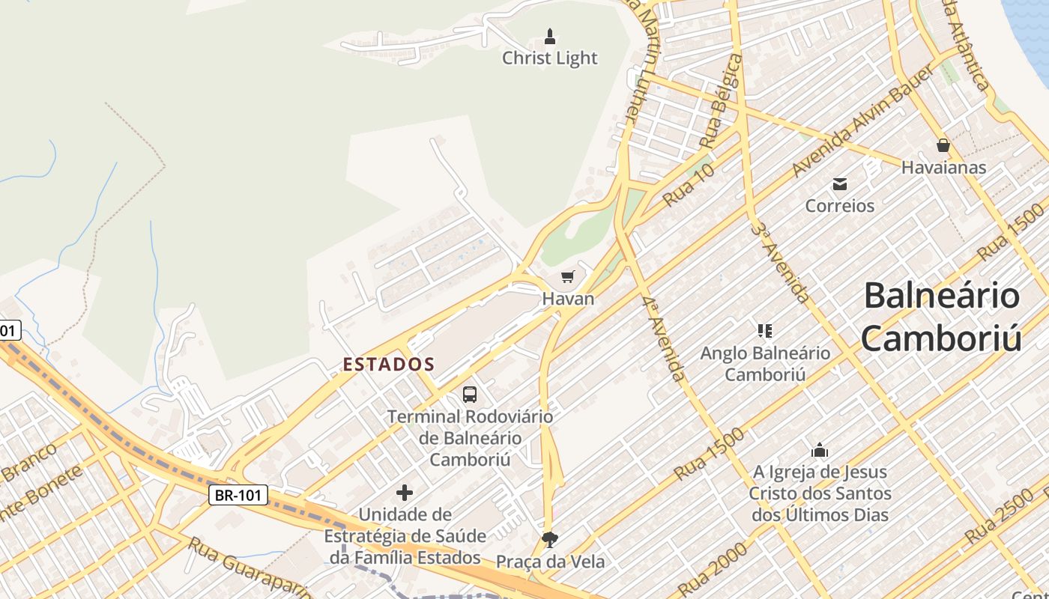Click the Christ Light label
(x=550, y=58)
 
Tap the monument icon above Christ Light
(x=550, y=35)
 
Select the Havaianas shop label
(x=943, y=167)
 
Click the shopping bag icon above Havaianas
(x=943, y=145)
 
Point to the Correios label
(x=839, y=205)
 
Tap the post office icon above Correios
(x=839, y=183)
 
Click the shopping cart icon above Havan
(x=568, y=277)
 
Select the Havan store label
(x=568, y=299)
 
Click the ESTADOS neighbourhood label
(x=389, y=365)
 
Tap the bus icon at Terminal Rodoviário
(x=470, y=394)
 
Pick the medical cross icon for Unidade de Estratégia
(x=405, y=493)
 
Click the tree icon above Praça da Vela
(x=550, y=539)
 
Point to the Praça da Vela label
(x=550, y=561)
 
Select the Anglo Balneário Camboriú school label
(x=765, y=363)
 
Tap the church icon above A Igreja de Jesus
(x=820, y=450)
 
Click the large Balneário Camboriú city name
(x=941, y=317)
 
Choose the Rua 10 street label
(x=689, y=185)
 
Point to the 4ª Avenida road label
(x=664, y=338)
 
